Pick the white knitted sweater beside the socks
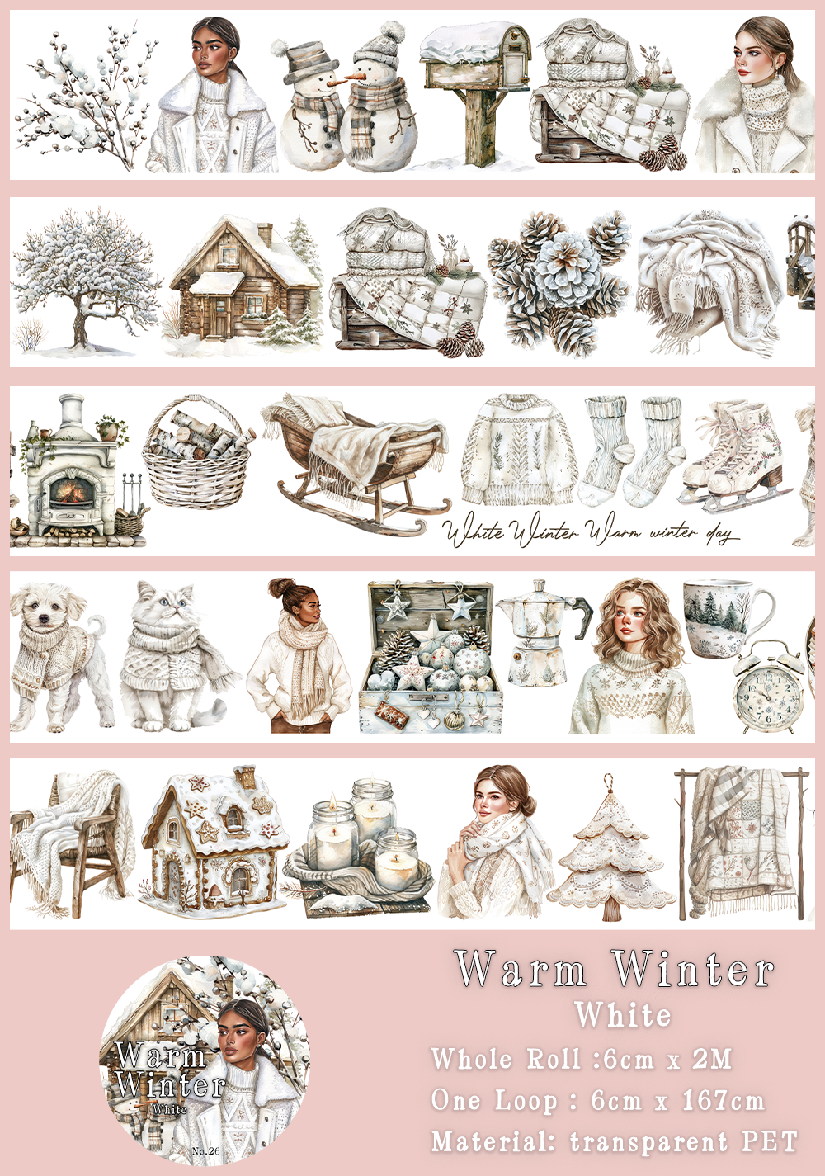tap(517, 450)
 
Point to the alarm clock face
tap(767, 697)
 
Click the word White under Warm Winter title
tap(624, 1015)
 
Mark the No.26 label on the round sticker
tap(205, 1150)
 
